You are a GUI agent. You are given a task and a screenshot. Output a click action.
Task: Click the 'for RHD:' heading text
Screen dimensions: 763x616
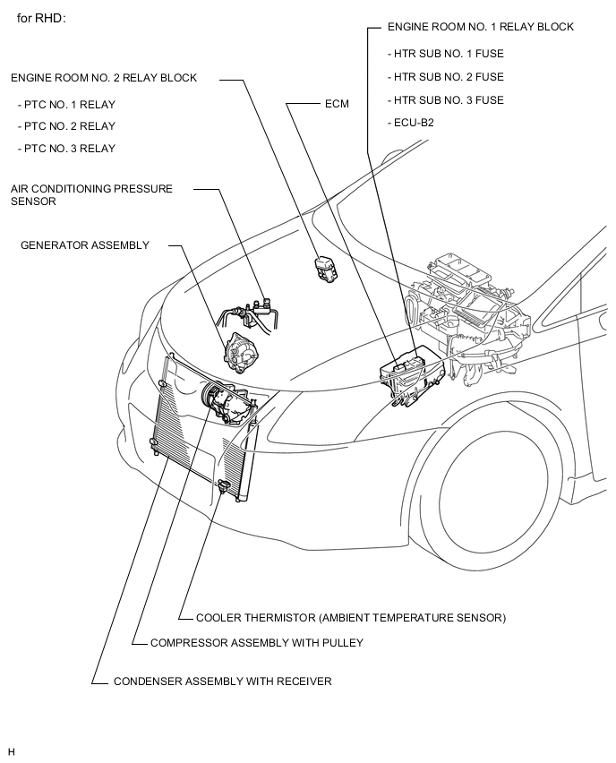point(41,18)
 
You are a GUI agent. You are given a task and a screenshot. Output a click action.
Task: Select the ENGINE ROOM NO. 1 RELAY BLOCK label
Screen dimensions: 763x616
point(480,27)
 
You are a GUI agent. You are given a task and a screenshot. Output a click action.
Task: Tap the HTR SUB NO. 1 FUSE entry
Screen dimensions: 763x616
point(448,54)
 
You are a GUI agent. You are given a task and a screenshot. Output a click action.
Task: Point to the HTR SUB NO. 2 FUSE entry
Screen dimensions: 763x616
point(448,77)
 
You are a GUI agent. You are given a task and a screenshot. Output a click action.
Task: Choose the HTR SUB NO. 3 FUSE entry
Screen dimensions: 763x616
point(448,100)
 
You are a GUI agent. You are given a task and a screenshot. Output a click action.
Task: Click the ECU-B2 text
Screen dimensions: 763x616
point(413,123)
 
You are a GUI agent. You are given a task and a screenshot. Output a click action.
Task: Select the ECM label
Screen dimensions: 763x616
point(337,104)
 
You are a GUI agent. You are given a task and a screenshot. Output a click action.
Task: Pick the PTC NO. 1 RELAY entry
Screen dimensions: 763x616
point(70,105)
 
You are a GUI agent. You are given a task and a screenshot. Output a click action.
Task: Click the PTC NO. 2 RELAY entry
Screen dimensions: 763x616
point(70,126)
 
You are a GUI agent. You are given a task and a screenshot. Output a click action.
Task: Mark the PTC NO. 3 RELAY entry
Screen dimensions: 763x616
point(70,148)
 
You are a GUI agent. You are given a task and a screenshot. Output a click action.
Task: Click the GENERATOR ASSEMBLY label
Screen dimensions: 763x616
point(85,245)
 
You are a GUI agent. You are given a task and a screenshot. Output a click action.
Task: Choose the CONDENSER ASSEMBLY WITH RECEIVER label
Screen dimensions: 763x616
point(222,682)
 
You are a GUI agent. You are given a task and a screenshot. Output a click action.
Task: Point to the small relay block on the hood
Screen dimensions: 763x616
point(323,268)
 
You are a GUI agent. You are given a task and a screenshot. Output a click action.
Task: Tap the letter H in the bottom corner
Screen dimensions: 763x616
point(12,750)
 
